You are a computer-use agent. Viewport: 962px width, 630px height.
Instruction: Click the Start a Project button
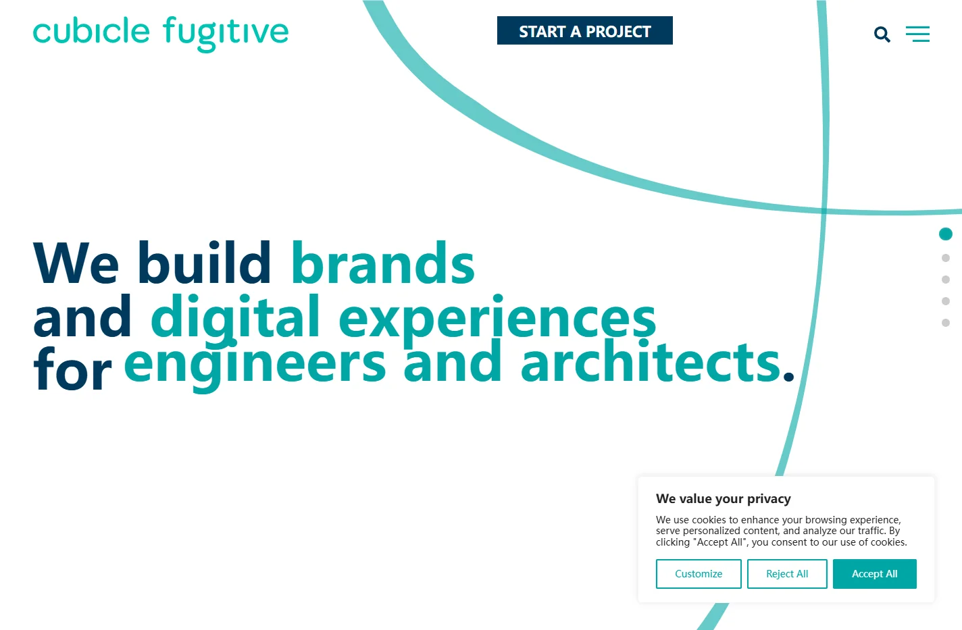(x=584, y=30)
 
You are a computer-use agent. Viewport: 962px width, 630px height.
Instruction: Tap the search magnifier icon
(x=882, y=34)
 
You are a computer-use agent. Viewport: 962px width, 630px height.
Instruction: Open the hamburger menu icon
(x=918, y=34)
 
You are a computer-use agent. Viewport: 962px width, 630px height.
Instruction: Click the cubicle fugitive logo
(x=161, y=34)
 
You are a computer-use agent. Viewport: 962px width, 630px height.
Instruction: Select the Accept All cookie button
(x=874, y=574)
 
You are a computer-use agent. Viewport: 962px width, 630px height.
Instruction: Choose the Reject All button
(x=787, y=574)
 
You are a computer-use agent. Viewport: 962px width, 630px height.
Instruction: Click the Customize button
(x=699, y=574)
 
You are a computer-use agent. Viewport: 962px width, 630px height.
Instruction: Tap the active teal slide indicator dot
(x=946, y=234)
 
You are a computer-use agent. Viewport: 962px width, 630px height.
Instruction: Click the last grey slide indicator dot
(x=946, y=323)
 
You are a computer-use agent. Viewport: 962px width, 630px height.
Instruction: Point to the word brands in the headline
(x=383, y=263)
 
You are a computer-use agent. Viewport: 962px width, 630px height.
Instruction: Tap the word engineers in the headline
(x=255, y=365)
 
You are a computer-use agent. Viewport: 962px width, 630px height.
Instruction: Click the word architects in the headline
(x=650, y=361)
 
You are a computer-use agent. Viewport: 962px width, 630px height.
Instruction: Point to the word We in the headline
(x=76, y=263)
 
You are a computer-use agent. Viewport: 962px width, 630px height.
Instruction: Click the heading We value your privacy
(x=724, y=499)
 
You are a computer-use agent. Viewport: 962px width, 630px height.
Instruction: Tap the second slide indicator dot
(x=946, y=258)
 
